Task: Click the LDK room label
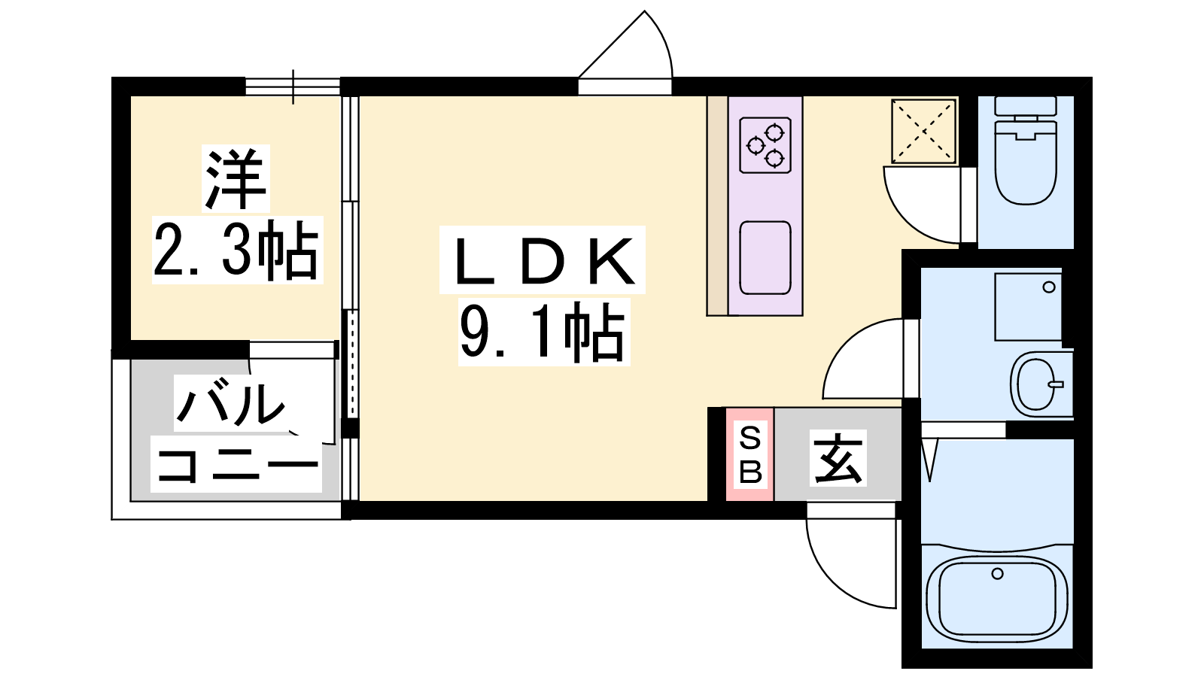tap(543, 261)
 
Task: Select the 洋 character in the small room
tap(236, 178)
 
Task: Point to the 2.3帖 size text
tap(236, 250)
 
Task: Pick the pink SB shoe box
tap(749, 454)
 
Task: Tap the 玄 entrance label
tap(838, 458)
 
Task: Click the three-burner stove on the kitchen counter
tap(765, 145)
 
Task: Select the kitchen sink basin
tap(765, 258)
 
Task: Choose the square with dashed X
tap(923, 131)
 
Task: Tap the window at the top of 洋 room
tap(293, 87)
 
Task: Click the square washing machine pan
tap(1028, 307)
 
